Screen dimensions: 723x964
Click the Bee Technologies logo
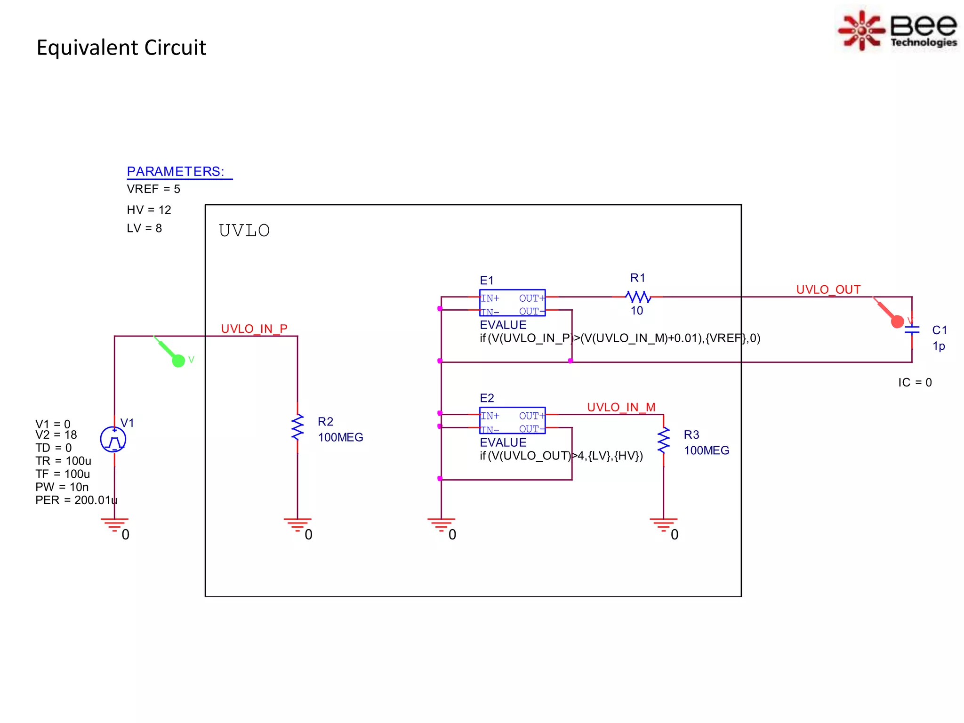pos(898,30)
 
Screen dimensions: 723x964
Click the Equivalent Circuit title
pos(121,48)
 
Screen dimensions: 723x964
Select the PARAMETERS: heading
pos(176,171)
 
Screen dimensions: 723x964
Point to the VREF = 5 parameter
pos(153,189)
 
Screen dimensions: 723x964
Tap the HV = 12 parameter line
pos(149,210)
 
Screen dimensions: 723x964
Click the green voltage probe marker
pos(178,360)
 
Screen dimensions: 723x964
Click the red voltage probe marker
pos(897,321)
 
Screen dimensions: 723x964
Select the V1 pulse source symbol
pos(113,440)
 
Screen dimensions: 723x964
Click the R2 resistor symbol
pos(297,428)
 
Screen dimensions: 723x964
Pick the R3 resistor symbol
pos(664,441)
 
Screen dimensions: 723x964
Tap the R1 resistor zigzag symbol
pos(638,297)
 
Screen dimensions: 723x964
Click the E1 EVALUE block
pos(512,303)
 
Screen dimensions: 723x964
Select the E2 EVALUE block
pos(512,421)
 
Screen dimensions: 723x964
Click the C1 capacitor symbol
pos(912,330)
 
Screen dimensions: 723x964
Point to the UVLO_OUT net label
pos(828,289)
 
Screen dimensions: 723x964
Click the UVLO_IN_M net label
pos(621,407)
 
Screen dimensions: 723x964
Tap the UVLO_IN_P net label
pos(254,329)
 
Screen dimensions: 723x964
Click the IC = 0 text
pos(915,383)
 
